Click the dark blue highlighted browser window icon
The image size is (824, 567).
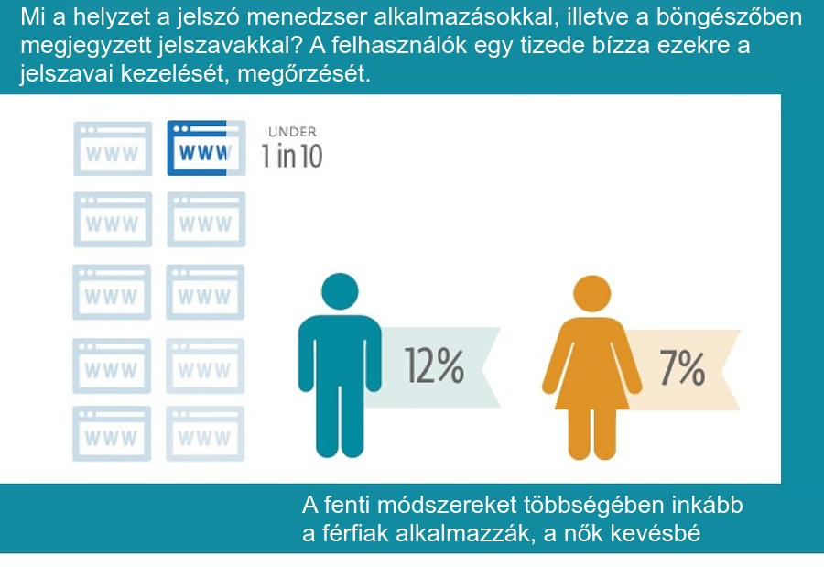point(206,147)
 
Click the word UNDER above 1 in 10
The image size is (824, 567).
point(292,132)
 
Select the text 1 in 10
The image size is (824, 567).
point(292,157)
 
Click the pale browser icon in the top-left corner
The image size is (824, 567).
point(113,147)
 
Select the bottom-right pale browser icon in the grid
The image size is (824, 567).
point(206,433)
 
